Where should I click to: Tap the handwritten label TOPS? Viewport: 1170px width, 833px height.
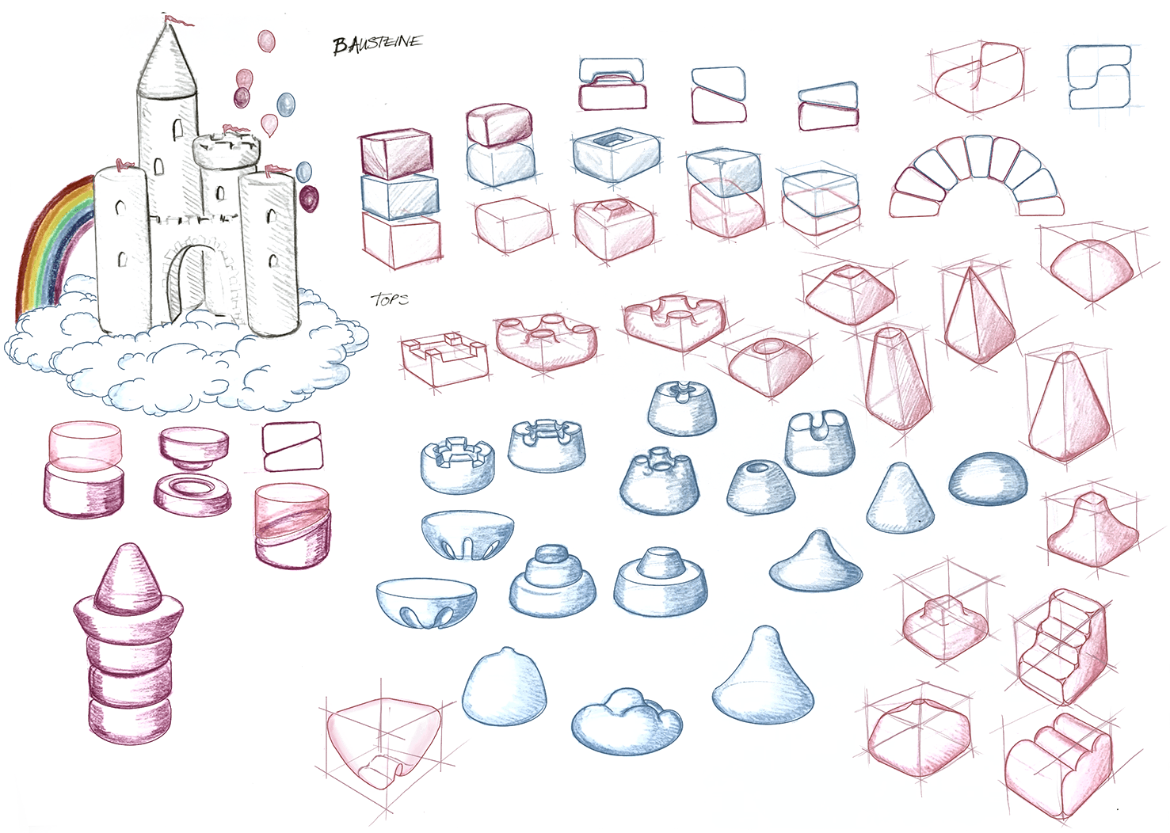(x=389, y=299)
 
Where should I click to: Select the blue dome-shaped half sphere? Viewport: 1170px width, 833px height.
(x=988, y=478)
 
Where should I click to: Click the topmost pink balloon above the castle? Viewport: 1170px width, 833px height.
(x=266, y=40)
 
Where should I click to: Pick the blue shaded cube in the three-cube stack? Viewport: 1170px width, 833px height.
(x=399, y=196)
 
